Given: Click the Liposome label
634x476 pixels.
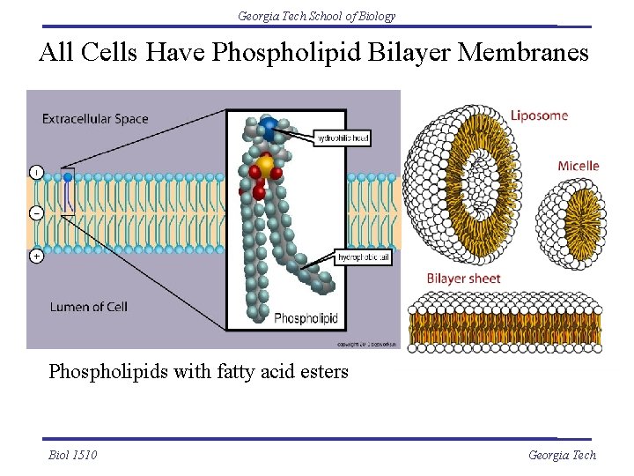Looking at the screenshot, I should [x=539, y=115].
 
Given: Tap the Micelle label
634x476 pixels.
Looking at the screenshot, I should [x=578, y=166].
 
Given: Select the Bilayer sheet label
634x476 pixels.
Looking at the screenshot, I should [x=463, y=279].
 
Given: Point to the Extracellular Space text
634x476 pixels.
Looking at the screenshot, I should [x=95, y=119].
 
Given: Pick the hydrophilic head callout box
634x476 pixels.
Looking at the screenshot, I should [x=342, y=138].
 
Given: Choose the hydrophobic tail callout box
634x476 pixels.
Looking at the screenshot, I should [x=363, y=257].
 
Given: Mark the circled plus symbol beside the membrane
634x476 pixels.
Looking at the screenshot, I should [x=37, y=256].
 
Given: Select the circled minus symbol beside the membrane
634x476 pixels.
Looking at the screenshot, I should [x=37, y=213].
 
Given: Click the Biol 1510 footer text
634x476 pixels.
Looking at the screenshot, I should [x=73, y=455].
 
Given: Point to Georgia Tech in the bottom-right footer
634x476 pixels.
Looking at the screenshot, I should [x=562, y=455].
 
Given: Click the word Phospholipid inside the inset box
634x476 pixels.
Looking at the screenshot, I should [x=306, y=317].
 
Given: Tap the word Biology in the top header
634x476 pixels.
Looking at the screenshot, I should [x=374, y=16].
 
